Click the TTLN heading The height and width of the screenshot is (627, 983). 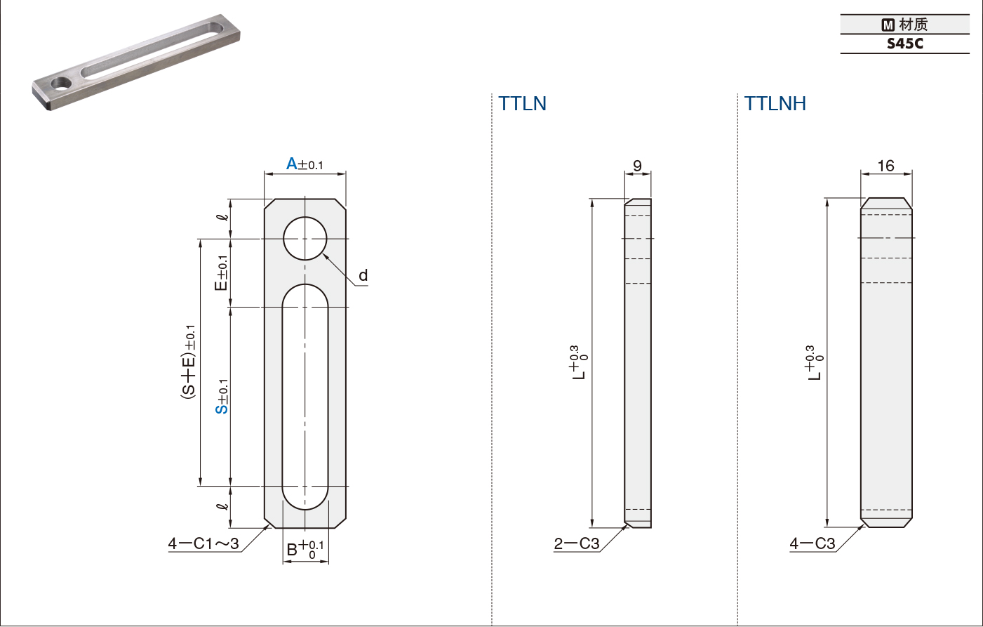point(522,104)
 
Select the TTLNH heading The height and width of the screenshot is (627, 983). point(775,104)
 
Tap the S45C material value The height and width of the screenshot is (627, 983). point(905,44)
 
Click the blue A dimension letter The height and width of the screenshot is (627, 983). point(292,164)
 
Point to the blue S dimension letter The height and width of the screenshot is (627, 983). point(222,409)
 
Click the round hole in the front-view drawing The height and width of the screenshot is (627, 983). point(305,239)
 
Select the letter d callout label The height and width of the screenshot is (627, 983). point(363,276)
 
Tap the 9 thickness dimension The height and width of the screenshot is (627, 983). point(637,166)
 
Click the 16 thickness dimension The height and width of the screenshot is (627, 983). point(885,166)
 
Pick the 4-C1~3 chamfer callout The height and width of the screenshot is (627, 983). point(203,543)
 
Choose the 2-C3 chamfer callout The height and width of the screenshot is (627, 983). point(576,543)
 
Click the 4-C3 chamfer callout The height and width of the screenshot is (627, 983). point(813,543)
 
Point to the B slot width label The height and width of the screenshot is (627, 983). point(305,549)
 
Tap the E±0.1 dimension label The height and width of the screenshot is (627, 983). point(221,272)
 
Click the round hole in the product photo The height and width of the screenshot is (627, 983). point(61,83)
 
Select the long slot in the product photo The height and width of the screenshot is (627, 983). point(152,51)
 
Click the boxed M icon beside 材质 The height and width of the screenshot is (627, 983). point(888,25)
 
